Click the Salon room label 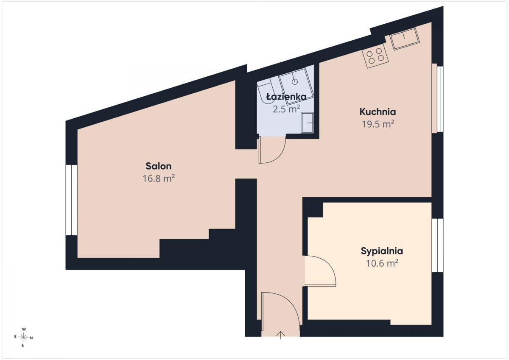[158, 166]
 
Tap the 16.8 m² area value [158, 178]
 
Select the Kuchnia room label [378, 112]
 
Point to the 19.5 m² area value [378, 124]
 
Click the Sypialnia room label [382, 251]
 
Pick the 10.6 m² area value [382, 263]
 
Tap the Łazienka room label [286, 97]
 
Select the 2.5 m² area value [286, 109]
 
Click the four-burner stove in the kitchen [375, 56]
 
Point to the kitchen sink [405, 39]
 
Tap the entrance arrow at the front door [281, 335]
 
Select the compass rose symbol [23, 337]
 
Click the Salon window [71, 200]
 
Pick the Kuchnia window [437, 98]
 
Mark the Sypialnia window [437, 245]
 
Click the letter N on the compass [31, 338]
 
